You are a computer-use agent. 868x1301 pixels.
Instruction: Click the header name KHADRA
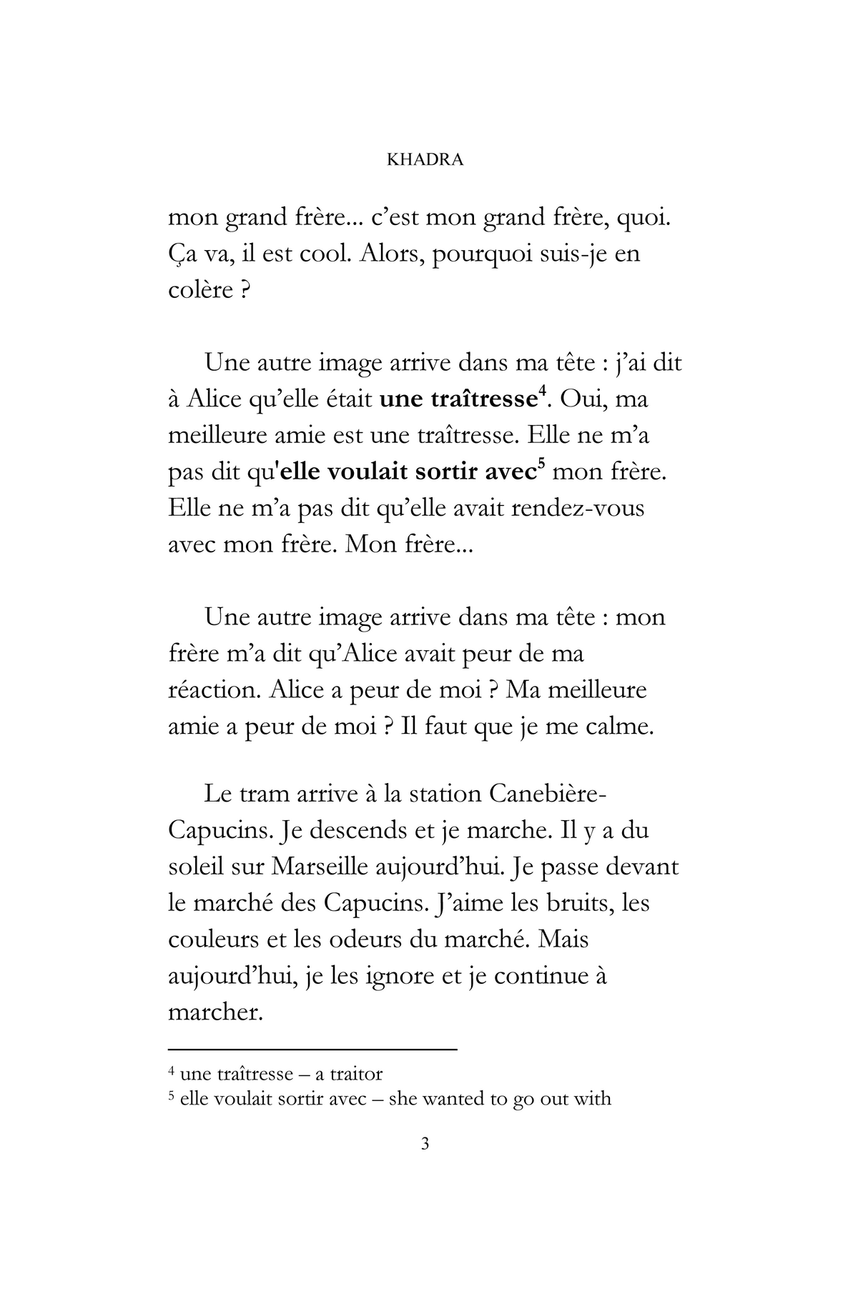click(425, 160)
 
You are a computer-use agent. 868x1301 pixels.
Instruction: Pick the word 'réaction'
click(207, 690)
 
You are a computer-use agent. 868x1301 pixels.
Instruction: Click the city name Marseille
click(322, 867)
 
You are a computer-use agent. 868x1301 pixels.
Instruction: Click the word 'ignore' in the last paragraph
click(389, 977)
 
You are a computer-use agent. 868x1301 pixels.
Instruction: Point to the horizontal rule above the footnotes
click(312, 1050)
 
